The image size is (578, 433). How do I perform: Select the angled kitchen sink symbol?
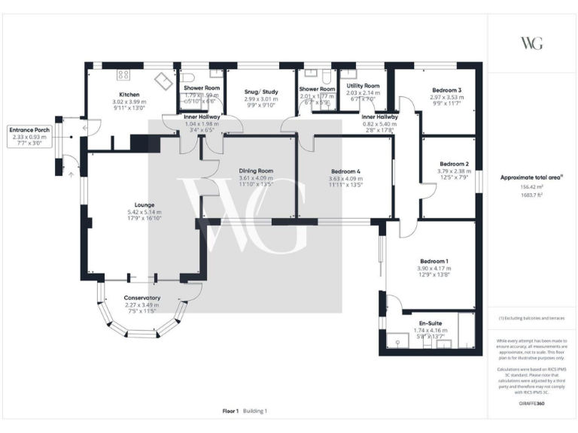(x=163, y=80)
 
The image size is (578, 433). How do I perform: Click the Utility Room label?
(x=363, y=86)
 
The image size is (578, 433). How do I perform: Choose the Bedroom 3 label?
(x=446, y=90)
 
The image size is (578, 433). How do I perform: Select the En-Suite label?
(x=430, y=324)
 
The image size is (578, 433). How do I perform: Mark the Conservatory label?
(x=141, y=298)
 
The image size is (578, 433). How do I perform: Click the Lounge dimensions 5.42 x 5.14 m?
(x=144, y=212)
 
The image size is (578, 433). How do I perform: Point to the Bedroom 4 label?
(x=344, y=171)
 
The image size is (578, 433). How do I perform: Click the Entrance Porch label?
(x=30, y=130)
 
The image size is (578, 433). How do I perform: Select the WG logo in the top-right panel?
(x=531, y=43)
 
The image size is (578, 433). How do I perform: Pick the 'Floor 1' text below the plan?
(x=230, y=411)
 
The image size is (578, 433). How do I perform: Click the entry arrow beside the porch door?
(x=71, y=174)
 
